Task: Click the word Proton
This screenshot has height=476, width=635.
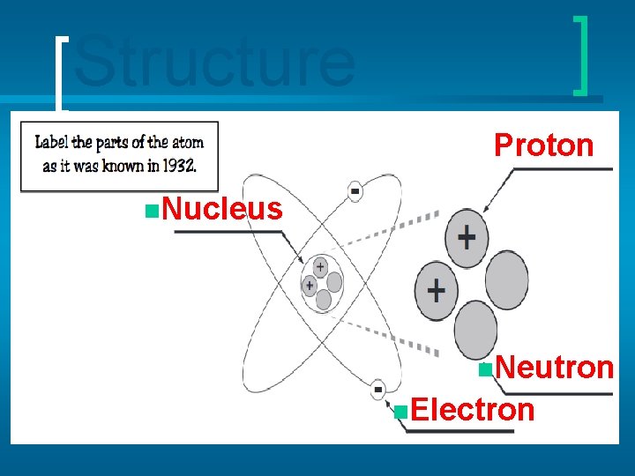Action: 543,145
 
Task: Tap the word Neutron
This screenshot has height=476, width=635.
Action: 553,367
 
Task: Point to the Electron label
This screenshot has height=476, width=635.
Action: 472,410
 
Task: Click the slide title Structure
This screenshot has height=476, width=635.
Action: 214,63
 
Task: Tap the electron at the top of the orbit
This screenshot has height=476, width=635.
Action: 355,191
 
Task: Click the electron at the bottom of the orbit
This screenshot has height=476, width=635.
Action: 377,389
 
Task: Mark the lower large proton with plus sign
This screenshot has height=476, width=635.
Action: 436,289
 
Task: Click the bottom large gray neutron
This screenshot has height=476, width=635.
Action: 475,329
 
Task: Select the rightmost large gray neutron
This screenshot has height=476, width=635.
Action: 507,279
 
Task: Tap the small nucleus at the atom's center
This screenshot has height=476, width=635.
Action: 321,283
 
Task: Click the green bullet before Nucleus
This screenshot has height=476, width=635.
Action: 153,210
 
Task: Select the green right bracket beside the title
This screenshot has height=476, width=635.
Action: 581,55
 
